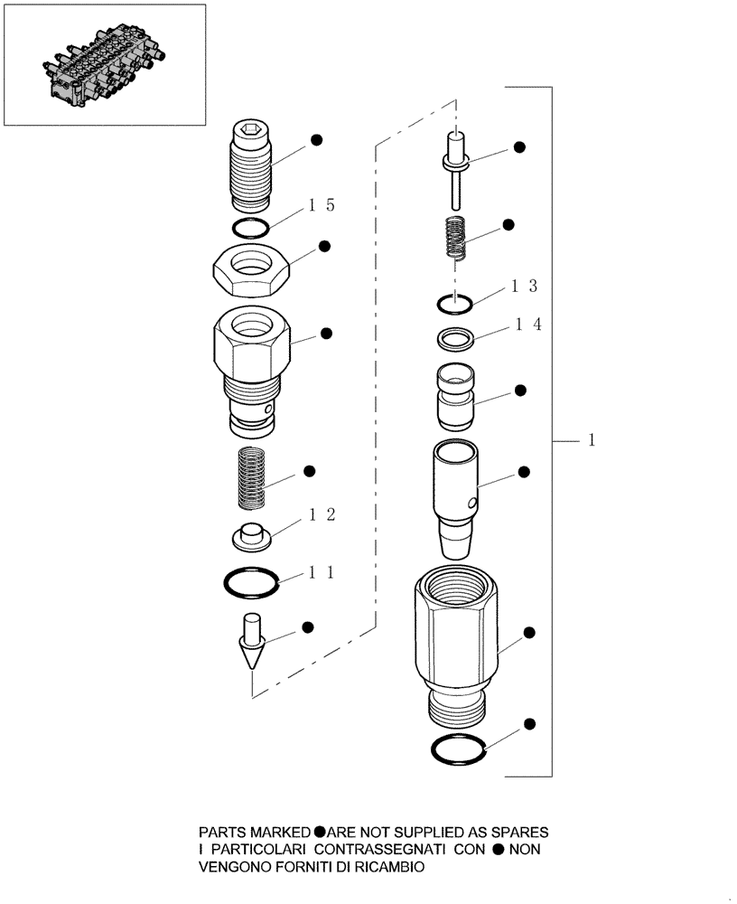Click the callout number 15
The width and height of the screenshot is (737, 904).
[x=322, y=205]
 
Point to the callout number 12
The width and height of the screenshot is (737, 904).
[x=322, y=514]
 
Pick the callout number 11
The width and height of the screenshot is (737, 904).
[x=322, y=571]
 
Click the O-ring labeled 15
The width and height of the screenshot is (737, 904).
[x=248, y=226]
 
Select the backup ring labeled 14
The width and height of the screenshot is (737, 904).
[x=455, y=339]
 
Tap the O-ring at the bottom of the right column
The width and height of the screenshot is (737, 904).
[x=457, y=749]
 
